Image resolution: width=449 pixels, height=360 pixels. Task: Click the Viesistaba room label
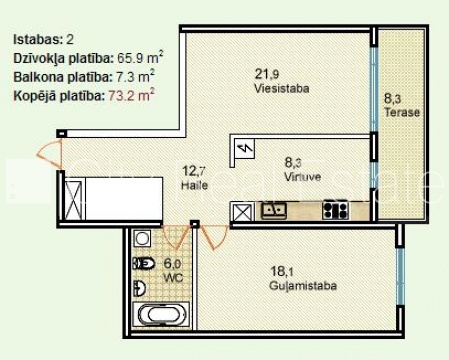click(282, 88)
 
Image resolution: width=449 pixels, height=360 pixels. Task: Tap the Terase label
click(402, 112)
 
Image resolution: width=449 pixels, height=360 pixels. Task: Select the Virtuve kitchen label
click(303, 176)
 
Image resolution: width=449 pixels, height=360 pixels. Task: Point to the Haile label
click(194, 185)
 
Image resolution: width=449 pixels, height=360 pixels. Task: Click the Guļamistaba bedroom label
click(303, 286)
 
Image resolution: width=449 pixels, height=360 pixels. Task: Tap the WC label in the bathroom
click(173, 277)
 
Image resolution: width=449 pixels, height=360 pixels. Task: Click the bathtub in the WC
click(161, 315)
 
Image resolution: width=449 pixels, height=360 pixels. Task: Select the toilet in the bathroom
click(144, 263)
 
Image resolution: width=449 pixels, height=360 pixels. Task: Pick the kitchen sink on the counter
click(274, 210)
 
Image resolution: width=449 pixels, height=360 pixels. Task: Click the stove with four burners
click(335, 210)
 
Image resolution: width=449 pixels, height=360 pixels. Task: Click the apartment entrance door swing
click(50, 154)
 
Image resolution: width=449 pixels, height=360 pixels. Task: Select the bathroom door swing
click(176, 237)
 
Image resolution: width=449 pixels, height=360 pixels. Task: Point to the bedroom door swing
click(214, 237)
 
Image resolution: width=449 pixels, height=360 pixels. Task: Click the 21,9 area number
click(267, 74)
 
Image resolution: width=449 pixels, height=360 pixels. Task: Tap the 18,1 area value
click(282, 271)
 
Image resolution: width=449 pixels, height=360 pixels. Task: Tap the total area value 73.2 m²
click(131, 96)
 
